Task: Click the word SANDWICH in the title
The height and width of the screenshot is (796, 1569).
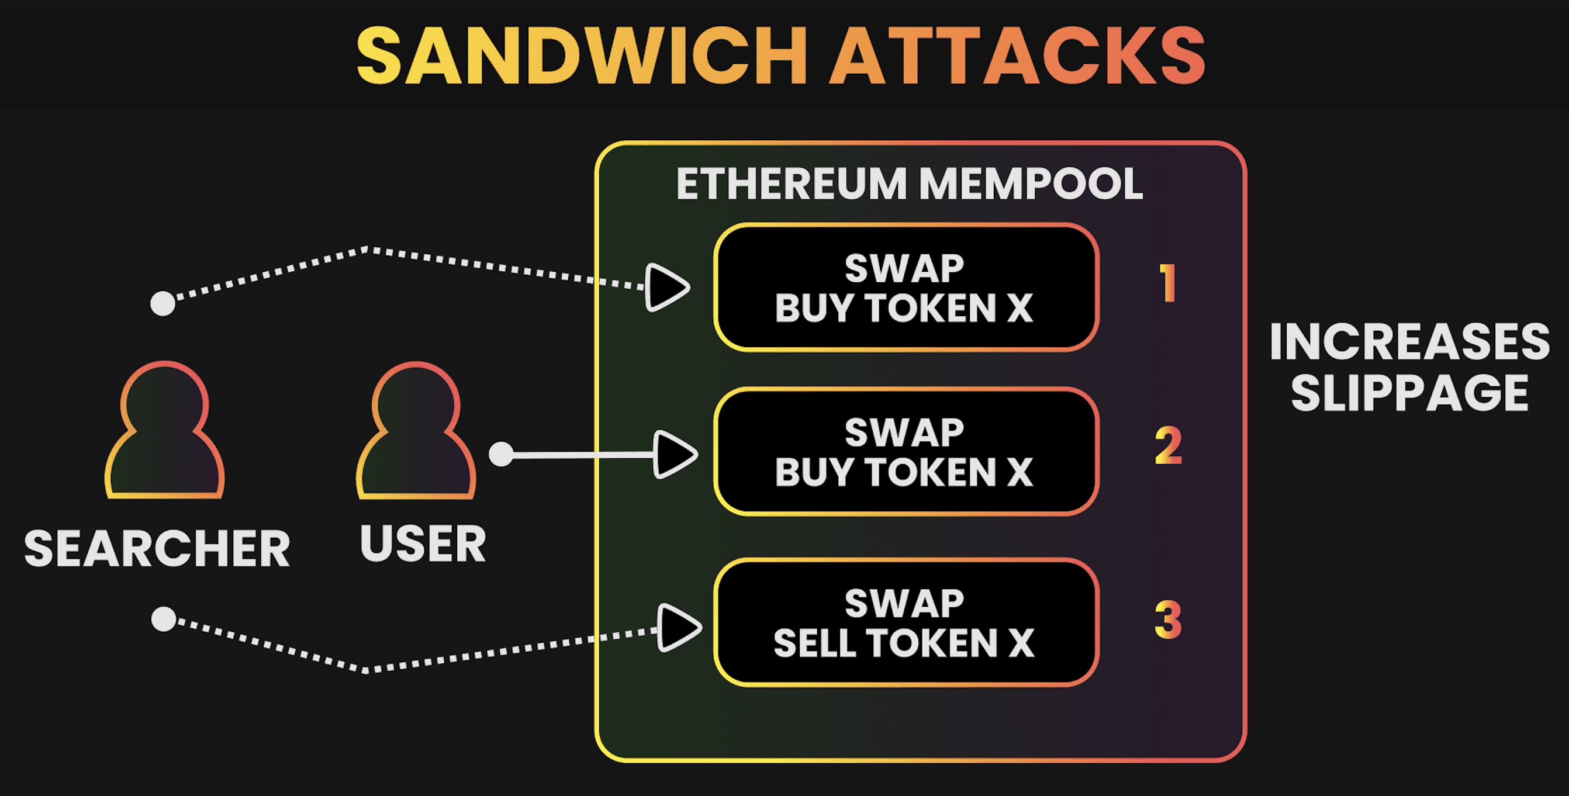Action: click(x=581, y=56)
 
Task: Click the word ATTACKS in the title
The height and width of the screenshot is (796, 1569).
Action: click(x=1017, y=56)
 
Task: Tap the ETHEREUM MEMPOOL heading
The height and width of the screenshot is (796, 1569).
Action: click(x=910, y=184)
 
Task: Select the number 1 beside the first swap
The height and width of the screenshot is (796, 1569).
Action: click(x=1167, y=283)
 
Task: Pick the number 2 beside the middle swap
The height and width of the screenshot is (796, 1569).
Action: click(x=1168, y=446)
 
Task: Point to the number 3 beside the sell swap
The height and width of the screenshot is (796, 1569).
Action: click(x=1168, y=620)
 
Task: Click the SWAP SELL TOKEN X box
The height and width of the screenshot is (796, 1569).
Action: click(x=906, y=623)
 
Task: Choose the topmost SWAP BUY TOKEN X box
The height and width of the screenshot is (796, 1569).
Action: click(x=906, y=288)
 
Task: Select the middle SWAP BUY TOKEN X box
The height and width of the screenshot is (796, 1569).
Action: click(x=906, y=452)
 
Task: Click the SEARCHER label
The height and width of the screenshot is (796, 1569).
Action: click(x=157, y=548)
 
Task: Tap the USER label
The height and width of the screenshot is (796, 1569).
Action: click(x=423, y=544)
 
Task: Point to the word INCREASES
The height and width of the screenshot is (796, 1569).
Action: click(x=1409, y=342)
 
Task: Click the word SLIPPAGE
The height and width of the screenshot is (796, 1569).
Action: click(x=1409, y=393)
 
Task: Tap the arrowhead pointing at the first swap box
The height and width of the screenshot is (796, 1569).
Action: click(x=666, y=287)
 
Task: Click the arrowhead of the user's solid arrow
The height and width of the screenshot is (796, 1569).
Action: click(x=673, y=454)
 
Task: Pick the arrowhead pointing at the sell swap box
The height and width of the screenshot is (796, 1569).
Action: click(x=678, y=627)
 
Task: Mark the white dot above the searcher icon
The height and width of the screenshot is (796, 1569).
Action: click(x=163, y=303)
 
